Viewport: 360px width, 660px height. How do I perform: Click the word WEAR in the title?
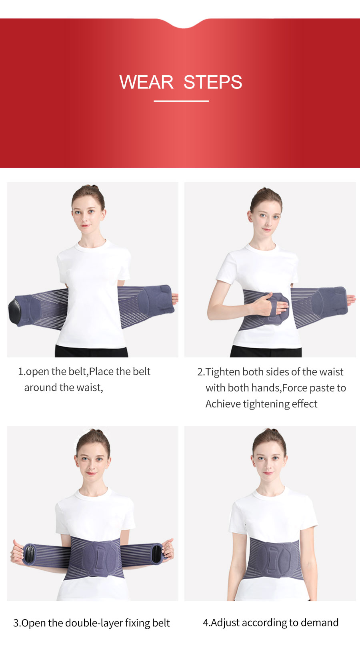click(146, 82)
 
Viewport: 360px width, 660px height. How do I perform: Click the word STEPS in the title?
click(213, 82)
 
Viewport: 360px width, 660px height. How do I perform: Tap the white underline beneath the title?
click(181, 101)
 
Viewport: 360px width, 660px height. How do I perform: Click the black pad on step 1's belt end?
click(15, 311)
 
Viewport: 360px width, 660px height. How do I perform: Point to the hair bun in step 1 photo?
click(94, 188)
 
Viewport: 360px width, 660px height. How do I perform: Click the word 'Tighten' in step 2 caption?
click(223, 372)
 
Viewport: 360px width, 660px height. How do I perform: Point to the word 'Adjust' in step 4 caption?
click(225, 623)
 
